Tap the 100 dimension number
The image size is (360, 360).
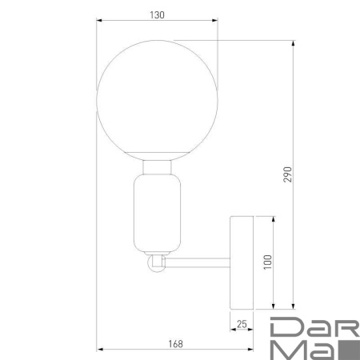click(x=267, y=262)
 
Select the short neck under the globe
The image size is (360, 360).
click(x=157, y=167)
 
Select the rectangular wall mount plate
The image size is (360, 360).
click(x=242, y=262)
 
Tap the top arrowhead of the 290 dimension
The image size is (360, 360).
click(x=294, y=42)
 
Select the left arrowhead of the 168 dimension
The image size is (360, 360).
click(x=99, y=350)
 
